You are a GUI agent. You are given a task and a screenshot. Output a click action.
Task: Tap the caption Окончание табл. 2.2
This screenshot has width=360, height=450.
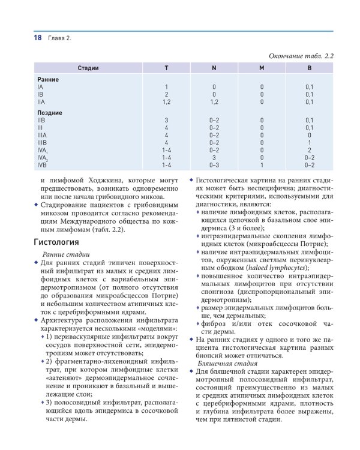pyautogui.click(x=300, y=56)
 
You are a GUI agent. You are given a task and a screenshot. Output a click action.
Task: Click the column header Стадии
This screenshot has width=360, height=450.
pyautogui.click(x=88, y=68)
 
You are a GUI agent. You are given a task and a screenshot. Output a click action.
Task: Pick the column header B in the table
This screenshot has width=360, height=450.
pyautogui.click(x=309, y=68)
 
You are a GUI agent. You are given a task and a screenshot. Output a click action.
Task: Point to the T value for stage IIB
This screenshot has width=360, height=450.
pyautogui.click(x=166, y=120)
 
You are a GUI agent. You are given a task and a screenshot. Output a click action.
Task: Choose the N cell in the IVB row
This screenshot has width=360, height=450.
pyautogui.click(x=214, y=164)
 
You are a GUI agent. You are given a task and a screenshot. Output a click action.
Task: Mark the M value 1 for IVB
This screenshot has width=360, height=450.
pyautogui.click(x=262, y=164)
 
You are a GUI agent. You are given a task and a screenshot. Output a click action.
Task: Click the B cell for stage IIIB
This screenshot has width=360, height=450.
pyautogui.click(x=309, y=143)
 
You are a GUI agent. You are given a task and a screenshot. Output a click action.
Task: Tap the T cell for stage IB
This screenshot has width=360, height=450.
pyautogui.click(x=166, y=94)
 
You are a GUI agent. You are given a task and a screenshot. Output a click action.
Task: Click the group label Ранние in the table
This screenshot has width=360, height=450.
pyautogui.click(x=48, y=79)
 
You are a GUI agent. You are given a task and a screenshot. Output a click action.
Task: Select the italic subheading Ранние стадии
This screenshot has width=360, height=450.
pyautogui.click(x=65, y=255)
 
